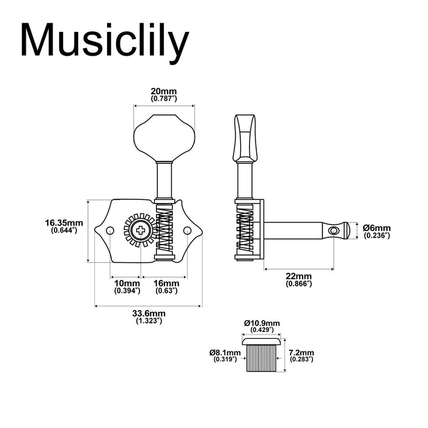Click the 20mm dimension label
163,94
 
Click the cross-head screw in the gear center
141,231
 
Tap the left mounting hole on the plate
110,231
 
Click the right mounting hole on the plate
188,231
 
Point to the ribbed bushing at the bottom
261,358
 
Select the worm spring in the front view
164,231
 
